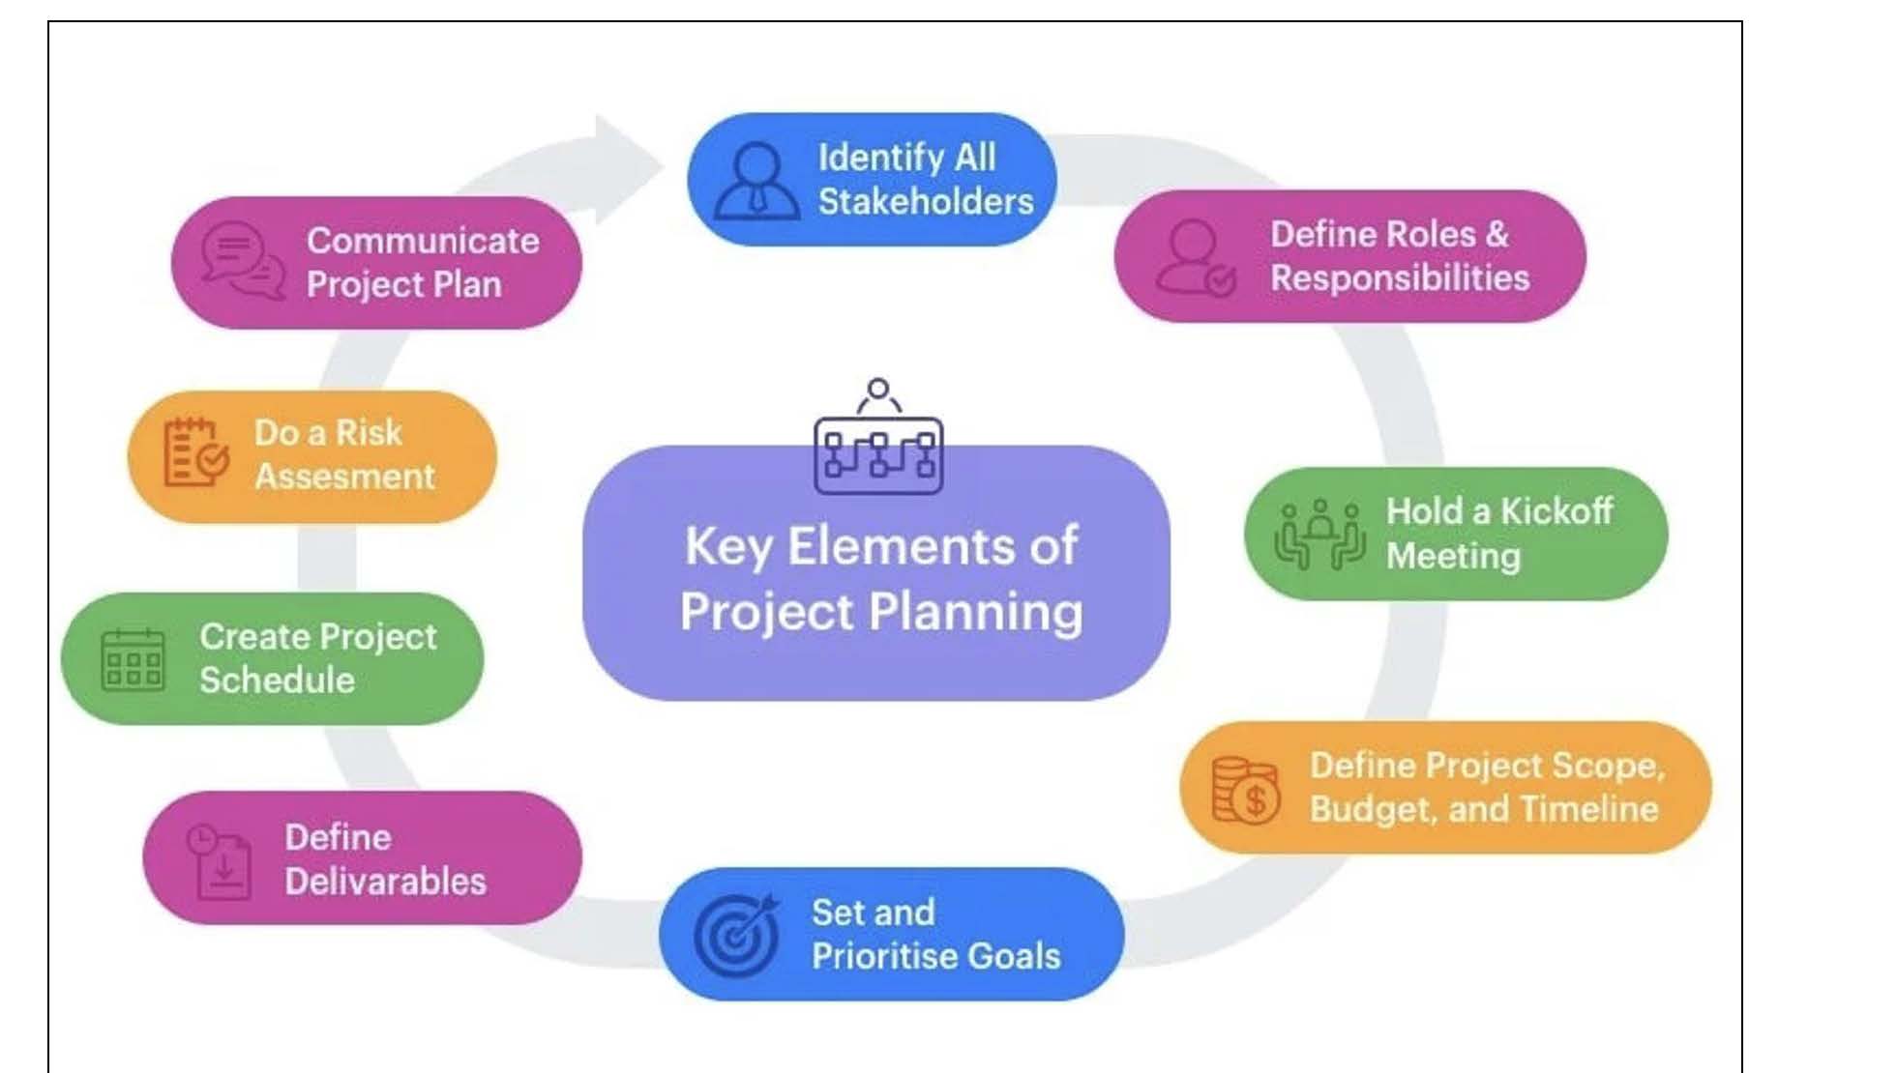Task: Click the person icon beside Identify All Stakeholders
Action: click(x=756, y=181)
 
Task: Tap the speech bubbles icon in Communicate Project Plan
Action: click(x=243, y=260)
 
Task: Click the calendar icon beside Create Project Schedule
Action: click(x=133, y=660)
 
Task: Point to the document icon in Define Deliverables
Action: click(x=219, y=861)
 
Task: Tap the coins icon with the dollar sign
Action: click(x=1245, y=790)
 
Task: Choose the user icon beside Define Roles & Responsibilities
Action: click(x=1196, y=257)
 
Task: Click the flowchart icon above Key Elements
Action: click(x=878, y=437)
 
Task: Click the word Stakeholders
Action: click(x=926, y=201)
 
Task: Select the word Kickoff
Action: click(x=1556, y=510)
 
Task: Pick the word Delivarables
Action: click(x=385, y=882)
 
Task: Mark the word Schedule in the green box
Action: click(x=277, y=680)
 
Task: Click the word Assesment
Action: click(x=344, y=477)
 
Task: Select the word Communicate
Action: click(x=423, y=241)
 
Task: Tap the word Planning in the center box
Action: click(x=976, y=614)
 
